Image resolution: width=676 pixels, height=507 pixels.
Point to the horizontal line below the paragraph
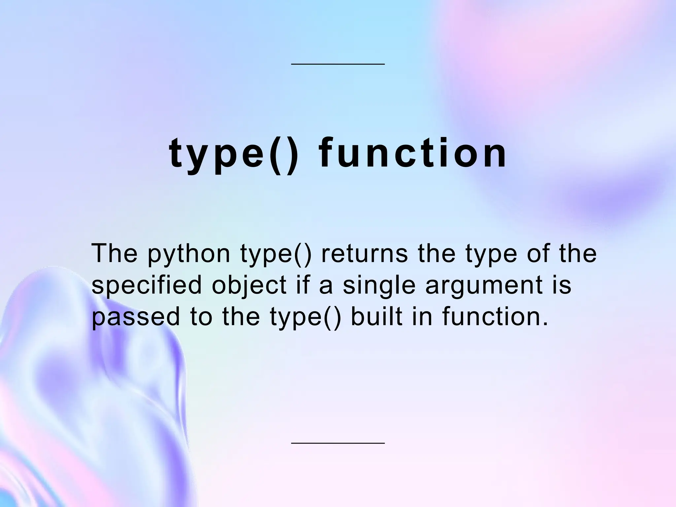[x=338, y=443]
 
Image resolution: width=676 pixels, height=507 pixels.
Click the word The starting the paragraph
[x=114, y=253]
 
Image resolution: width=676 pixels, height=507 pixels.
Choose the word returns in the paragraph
[x=364, y=253]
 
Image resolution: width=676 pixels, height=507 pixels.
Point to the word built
[x=377, y=316]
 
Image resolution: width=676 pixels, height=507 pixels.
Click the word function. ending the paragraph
[x=495, y=316]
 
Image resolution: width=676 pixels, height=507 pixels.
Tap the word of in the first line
[x=538, y=253]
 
